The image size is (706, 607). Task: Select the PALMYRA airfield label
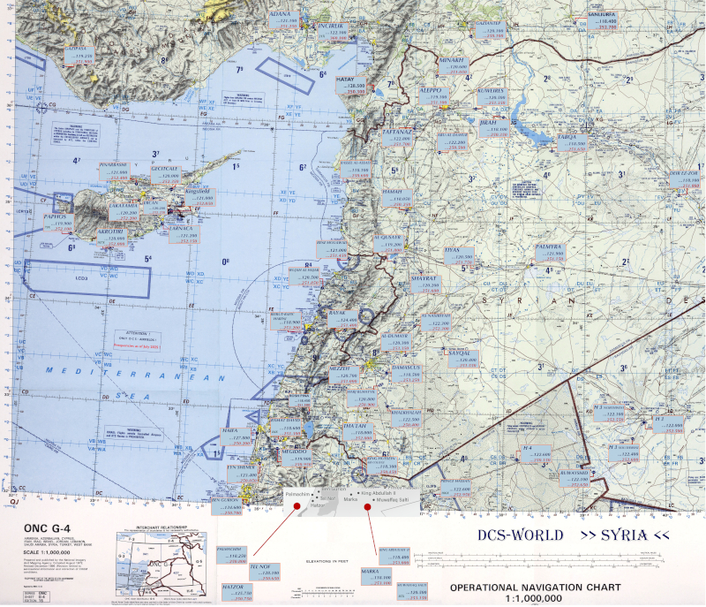pos(556,253)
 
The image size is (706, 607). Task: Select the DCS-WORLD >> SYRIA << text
pos(574,535)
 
